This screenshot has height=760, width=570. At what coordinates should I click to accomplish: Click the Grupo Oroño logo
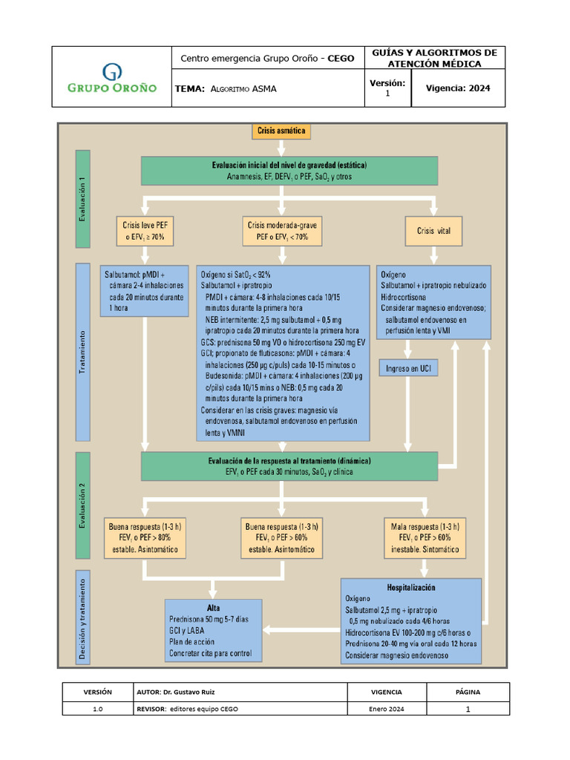[x=112, y=78]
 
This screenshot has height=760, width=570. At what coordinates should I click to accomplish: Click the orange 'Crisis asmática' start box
[x=281, y=131]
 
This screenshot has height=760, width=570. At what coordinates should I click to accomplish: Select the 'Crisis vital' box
[x=433, y=231]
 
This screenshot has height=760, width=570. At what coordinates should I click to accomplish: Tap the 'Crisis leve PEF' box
[x=145, y=231]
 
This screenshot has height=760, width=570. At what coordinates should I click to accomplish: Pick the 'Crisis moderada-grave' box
[x=282, y=231]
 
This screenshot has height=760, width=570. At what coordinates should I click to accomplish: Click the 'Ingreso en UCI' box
[x=408, y=368]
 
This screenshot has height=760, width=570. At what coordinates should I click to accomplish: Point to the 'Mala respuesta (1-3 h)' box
[x=425, y=538]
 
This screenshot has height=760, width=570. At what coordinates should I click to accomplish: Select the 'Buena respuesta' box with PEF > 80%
[x=145, y=538]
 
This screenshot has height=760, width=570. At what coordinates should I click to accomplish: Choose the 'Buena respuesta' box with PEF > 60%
[x=281, y=538]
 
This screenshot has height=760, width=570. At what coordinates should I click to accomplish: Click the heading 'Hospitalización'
[x=411, y=588]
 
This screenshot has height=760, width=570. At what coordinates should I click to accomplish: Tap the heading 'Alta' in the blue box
[x=213, y=608]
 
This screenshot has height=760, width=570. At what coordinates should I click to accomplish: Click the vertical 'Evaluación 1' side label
[x=82, y=199]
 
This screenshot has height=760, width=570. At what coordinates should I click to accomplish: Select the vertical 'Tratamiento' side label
[x=82, y=353]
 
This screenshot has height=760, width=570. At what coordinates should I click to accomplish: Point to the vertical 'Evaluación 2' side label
[x=82, y=505]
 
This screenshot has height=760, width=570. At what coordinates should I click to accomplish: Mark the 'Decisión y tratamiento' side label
[x=82, y=617]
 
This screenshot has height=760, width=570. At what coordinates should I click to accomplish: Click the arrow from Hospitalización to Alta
[x=301, y=629]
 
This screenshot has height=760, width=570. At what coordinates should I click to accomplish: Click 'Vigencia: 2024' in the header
[x=458, y=88]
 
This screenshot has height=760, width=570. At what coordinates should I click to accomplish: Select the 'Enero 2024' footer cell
[x=386, y=709]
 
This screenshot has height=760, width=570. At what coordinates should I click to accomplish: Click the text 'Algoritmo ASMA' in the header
[x=243, y=89]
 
